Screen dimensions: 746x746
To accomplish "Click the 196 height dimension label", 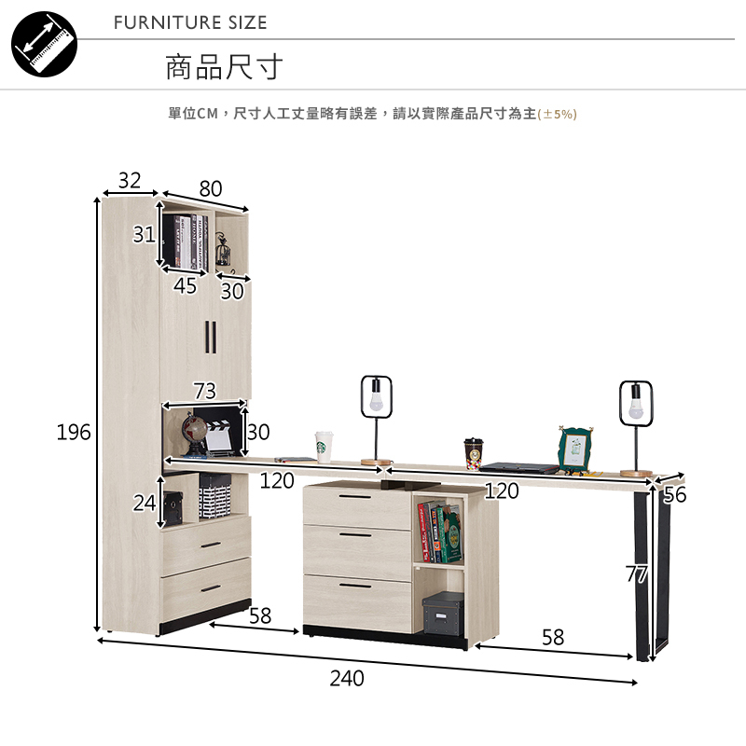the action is point(74,432).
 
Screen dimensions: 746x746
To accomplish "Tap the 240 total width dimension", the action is point(346,678).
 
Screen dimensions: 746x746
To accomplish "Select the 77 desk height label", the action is point(637,574).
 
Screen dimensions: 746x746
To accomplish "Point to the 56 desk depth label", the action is point(674,495).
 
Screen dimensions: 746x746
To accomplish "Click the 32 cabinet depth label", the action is point(130,179).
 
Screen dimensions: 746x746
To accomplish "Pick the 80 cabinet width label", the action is point(211,188).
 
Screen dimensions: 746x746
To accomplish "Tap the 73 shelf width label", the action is point(204,391).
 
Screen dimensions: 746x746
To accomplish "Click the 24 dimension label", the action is point(144,504).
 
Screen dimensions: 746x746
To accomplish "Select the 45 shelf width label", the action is point(186,286).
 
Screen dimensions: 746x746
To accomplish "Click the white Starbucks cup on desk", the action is point(324,446).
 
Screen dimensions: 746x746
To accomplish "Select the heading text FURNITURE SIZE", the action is point(190,22).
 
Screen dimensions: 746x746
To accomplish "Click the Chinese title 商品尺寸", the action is point(224,67).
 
